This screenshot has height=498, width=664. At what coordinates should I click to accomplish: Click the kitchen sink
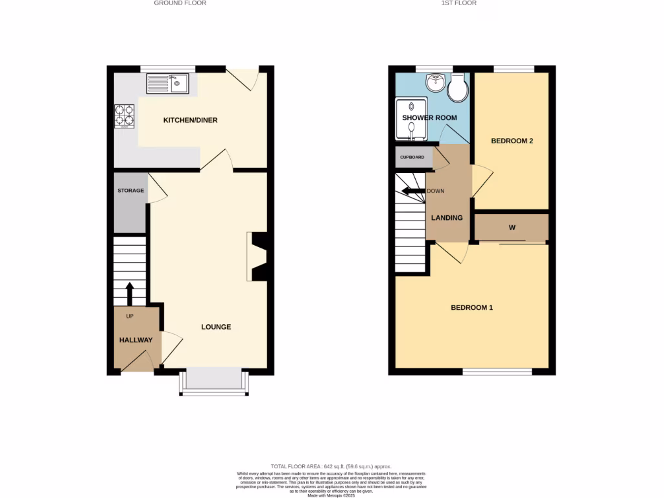(x=167, y=84)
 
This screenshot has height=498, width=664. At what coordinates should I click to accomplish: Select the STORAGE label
(x=130, y=191)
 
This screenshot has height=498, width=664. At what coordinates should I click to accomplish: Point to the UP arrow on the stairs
(x=130, y=293)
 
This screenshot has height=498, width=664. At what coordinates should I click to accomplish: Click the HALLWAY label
(x=136, y=340)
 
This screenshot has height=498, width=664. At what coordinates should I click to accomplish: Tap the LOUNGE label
(x=216, y=327)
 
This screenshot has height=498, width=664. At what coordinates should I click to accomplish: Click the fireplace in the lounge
(x=258, y=257)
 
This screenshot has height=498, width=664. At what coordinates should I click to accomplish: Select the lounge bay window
(x=213, y=381)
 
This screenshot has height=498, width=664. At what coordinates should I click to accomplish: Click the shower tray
(x=411, y=119)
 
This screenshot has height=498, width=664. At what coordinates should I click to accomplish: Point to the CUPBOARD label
(x=412, y=158)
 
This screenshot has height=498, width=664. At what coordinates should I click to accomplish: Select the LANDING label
(x=447, y=218)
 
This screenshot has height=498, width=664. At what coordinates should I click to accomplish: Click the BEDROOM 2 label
(x=512, y=141)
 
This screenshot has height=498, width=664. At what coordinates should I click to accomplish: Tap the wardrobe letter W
(x=512, y=228)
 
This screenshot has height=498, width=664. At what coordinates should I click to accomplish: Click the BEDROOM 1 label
(x=471, y=307)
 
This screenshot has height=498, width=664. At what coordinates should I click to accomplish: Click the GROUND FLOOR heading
(x=180, y=3)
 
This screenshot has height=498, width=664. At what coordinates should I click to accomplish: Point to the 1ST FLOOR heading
(x=459, y=3)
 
